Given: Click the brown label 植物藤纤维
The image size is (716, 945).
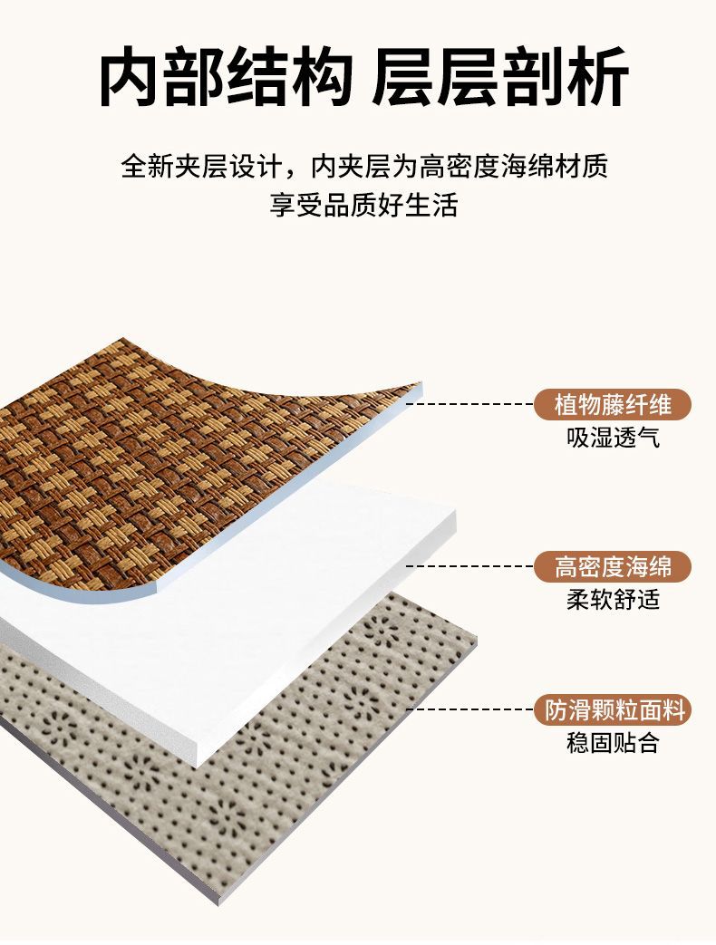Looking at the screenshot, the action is [613, 404].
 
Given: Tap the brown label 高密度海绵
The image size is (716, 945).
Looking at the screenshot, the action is [613, 567].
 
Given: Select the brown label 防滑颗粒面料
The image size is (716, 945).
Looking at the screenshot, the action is [613, 710].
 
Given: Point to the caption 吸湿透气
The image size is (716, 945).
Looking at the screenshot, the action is [613, 439].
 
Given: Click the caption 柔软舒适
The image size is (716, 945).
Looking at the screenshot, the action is [613, 600].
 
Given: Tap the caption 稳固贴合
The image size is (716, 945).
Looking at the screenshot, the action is [613, 744].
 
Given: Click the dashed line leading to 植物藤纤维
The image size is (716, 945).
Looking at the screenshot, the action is [471, 404].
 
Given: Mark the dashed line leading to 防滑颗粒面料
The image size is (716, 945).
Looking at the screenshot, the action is [471, 710].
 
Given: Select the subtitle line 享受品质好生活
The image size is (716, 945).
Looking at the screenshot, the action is [363, 205].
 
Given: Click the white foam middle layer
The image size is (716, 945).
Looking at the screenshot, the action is [299, 580].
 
